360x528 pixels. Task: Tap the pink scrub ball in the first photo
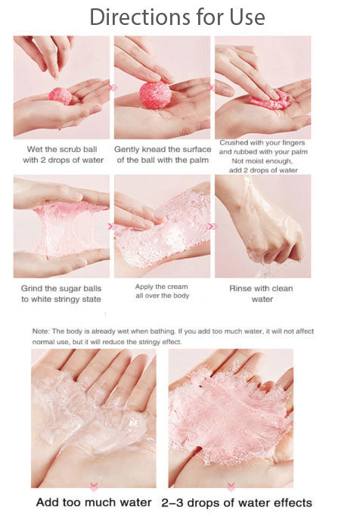point(60,95)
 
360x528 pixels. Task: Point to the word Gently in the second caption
point(129,149)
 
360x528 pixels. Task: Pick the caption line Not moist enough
point(262,160)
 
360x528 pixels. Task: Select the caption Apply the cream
point(161,287)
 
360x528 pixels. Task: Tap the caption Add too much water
point(93,502)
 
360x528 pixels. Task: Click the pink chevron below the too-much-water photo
point(94,486)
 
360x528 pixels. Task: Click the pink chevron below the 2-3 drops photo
point(231,486)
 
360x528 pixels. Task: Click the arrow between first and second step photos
point(113,88)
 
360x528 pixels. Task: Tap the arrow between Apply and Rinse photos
point(213,225)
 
